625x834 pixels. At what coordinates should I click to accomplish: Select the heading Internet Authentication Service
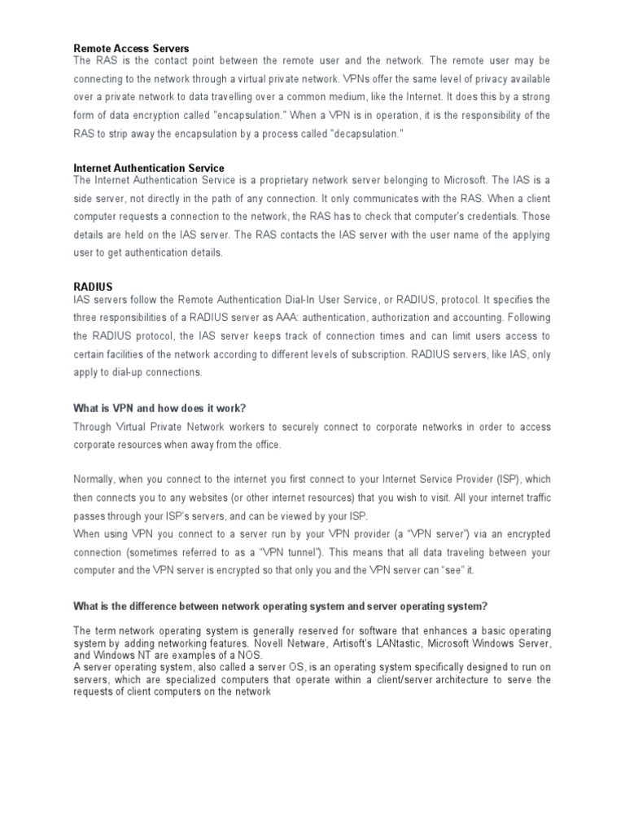(x=149, y=169)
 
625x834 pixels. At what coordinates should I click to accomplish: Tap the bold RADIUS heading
(x=93, y=288)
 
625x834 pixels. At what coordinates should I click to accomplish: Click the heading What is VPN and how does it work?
(x=159, y=407)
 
